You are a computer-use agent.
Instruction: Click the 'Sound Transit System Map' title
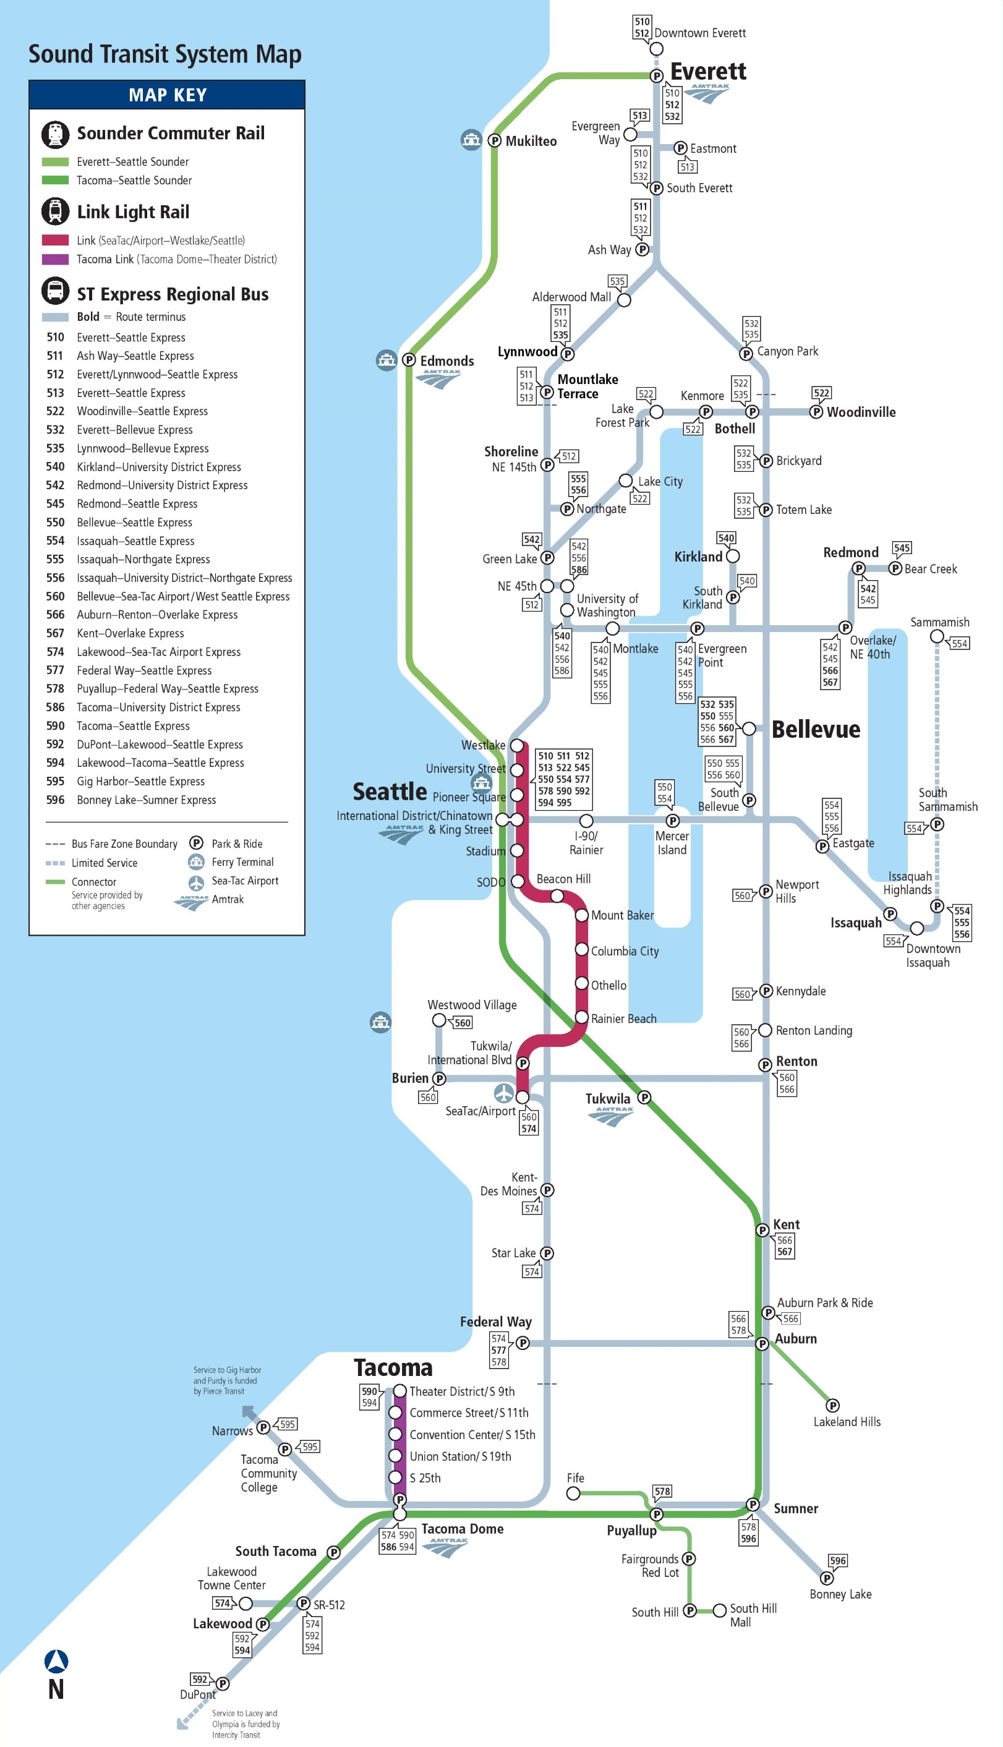164,54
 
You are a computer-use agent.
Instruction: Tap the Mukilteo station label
531,141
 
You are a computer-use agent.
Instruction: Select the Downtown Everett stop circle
657,49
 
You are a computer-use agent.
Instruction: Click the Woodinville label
861,412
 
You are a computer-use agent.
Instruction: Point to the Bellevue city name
816,729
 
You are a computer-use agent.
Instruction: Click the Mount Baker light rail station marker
581,915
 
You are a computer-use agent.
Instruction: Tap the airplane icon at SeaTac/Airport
504,1093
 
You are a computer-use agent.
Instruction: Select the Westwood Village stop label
472,1005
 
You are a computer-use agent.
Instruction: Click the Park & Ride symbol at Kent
762,1231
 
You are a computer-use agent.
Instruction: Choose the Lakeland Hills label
847,1422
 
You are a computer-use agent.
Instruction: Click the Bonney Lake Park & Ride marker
827,1578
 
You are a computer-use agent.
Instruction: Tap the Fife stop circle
573,1493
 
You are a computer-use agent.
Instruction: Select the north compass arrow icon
56,1661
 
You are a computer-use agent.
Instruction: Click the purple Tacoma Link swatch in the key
55,259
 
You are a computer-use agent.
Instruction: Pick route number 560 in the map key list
55,597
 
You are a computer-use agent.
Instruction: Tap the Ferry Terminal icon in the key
196,862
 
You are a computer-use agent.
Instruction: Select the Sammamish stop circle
937,636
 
